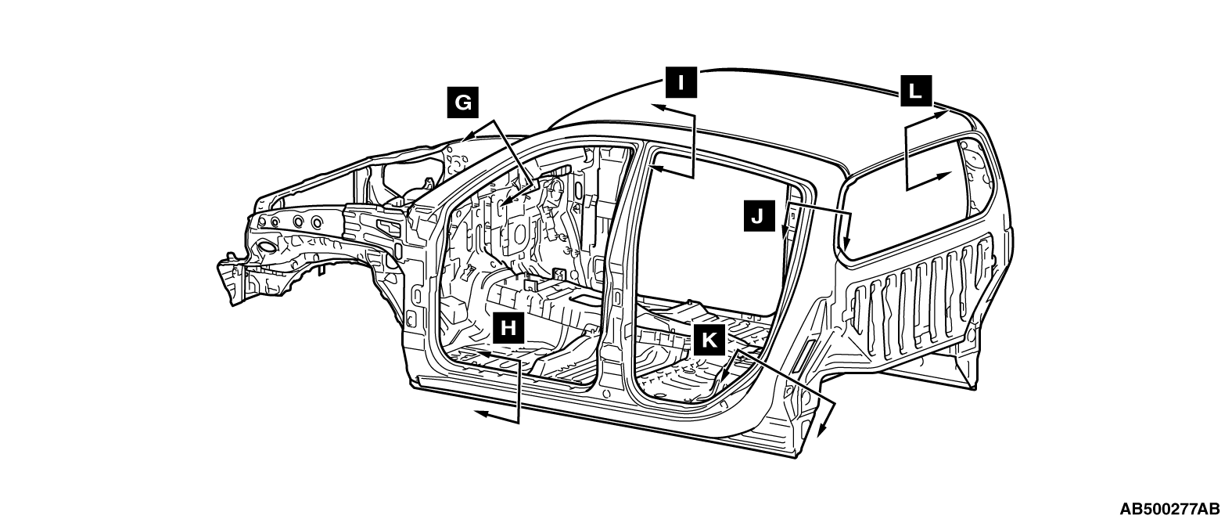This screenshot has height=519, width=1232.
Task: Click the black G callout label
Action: tap(463, 103)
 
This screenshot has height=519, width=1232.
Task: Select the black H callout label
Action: tap(508, 327)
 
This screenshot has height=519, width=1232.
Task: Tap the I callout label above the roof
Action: tap(682, 81)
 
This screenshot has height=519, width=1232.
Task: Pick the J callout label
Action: tap(757, 214)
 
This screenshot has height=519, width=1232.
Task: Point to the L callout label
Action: tap(914, 90)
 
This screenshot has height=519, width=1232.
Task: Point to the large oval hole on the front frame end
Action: tap(265, 248)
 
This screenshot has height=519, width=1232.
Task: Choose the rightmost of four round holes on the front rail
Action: tap(316, 223)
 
